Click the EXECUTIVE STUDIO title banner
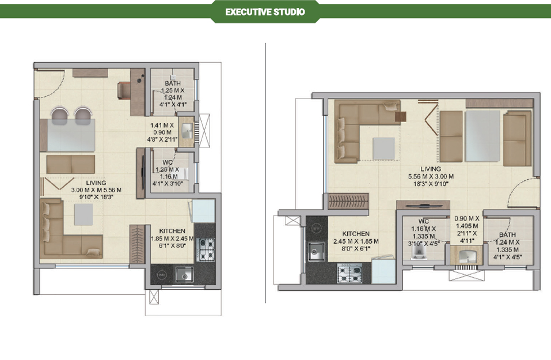point(265,12)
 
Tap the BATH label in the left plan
point(173,84)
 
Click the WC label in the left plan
point(168,162)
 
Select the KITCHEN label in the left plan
point(172,231)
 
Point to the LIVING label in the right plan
point(431,169)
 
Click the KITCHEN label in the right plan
point(356,233)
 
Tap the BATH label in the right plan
point(507,234)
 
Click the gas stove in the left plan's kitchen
point(205,249)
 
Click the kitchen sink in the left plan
point(184,274)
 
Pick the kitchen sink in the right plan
point(316,251)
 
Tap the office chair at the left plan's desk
point(123,90)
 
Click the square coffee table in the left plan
point(83,214)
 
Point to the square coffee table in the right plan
point(383,149)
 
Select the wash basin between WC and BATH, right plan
point(466,256)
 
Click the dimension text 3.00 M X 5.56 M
point(96,190)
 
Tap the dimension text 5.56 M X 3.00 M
point(431,176)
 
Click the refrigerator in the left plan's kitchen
point(203,211)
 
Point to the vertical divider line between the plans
point(265,173)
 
